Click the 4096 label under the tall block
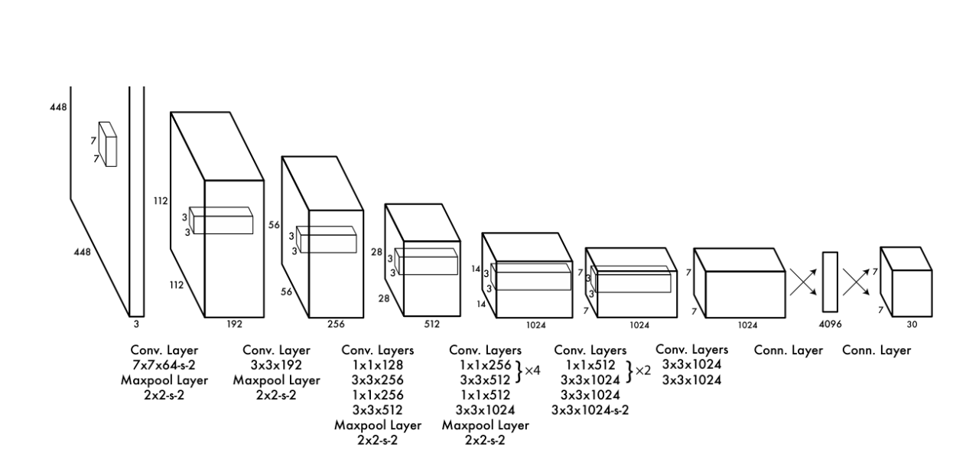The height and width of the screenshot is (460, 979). point(830,325)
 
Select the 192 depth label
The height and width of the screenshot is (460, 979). point(234,325)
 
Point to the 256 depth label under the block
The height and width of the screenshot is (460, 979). point(336,325)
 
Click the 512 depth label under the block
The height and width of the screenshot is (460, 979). point(431,325)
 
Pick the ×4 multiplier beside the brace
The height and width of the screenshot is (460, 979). point(532,370)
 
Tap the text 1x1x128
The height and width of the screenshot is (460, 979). point(377,365)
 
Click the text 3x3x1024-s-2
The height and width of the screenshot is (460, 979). point(590,409)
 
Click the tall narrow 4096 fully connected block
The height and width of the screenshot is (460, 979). point(830,282)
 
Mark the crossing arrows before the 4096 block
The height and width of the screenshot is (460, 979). point(802,282)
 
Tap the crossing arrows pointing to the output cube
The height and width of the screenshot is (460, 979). point(857,282)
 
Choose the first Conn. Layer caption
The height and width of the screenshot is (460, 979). point(789,351)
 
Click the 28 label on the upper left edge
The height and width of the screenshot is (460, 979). point(376,252)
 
